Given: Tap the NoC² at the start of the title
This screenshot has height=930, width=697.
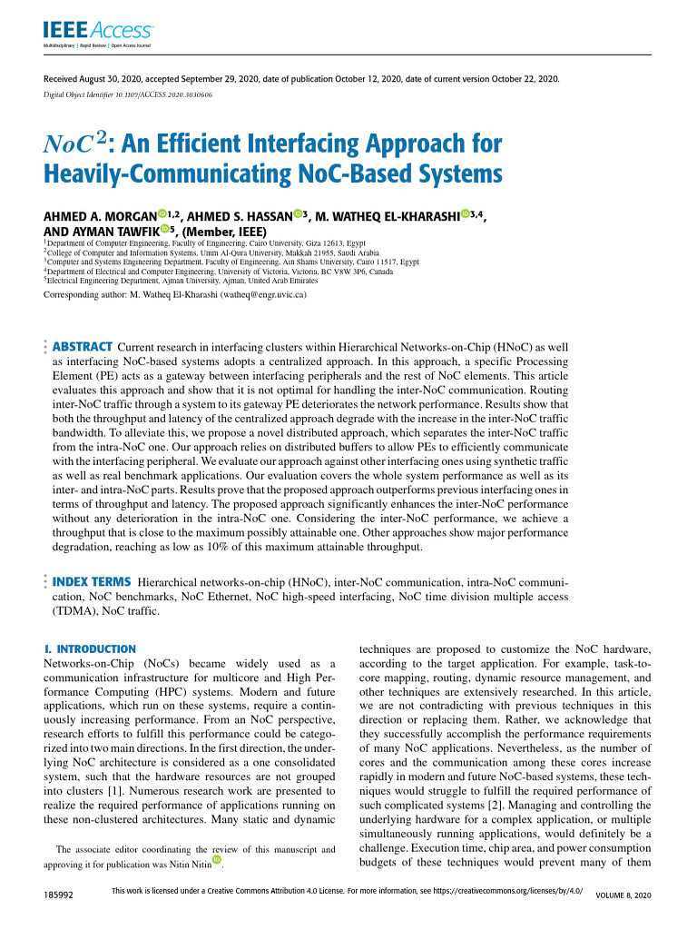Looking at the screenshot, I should (77, 145).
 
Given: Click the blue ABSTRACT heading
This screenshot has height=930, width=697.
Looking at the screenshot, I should (83, 346).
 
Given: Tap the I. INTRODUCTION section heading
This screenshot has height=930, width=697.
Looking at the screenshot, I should (91, 649).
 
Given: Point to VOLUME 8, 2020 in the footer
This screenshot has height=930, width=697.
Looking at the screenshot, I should (623, 895).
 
